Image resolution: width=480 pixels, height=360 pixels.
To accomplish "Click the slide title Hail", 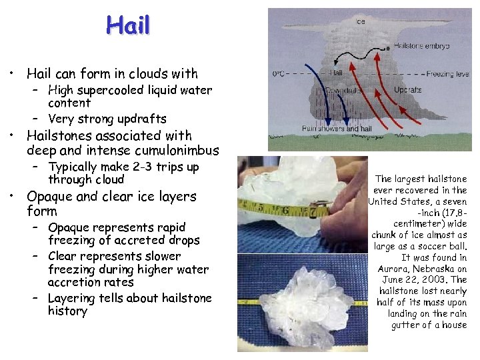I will [x=128, y=26].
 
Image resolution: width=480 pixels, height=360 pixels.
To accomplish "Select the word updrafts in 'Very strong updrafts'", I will [x=141, y=119].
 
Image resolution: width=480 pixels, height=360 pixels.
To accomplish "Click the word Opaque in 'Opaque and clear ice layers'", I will [x=51, y=197].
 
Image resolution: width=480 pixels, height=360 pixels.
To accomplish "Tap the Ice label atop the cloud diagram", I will [x=360, y=21].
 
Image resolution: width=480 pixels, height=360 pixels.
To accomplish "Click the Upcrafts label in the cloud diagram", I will [x=407, y=89].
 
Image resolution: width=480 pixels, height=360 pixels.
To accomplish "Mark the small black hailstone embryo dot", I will [x=388, y=49].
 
